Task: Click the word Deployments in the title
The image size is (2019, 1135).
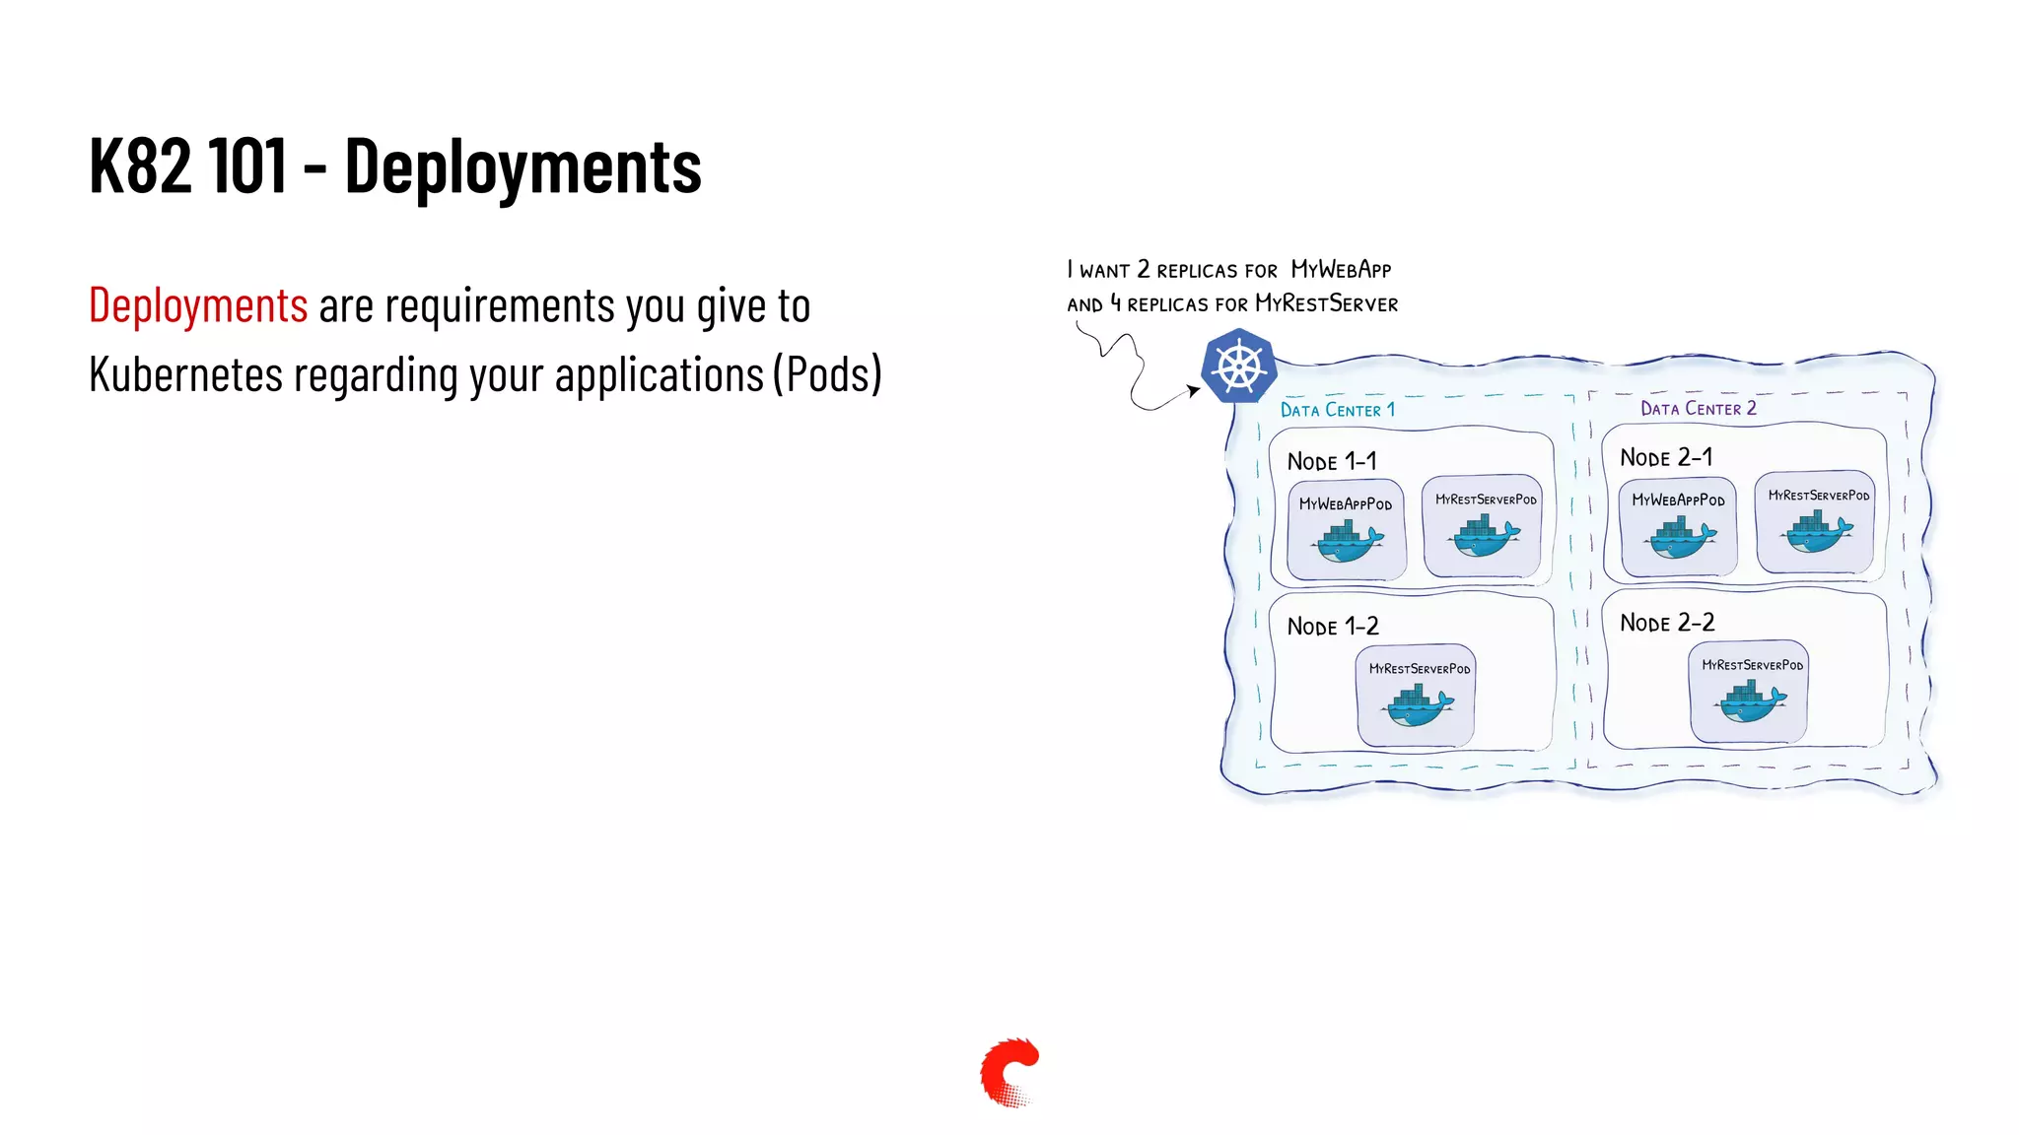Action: pos(522,167)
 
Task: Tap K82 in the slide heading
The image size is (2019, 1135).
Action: pos(139,166)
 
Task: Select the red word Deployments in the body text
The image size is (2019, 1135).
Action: pos(198,305)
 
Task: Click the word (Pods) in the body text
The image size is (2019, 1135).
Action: pos(827,375)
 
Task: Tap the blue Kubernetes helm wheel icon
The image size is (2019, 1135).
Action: pos(1239,367)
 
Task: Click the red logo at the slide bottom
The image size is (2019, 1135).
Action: pos(1009,1072)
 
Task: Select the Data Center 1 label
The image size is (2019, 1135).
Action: pos(1337,410)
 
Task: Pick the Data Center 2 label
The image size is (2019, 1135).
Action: pos(1698,408)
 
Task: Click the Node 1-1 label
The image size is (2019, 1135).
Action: pos(1331,461)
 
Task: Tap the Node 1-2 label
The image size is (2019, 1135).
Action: pos(1332,627)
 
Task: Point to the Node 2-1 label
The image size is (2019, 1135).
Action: pos(1666,457)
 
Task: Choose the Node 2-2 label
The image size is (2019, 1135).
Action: pos(1667,623)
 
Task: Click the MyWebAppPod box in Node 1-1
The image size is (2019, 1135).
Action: pos(1346,530)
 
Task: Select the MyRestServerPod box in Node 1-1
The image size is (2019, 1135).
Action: pos(1484,526)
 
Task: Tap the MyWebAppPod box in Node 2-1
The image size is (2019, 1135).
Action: pos(1678,526)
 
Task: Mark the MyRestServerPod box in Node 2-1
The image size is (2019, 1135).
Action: pos(1816,522)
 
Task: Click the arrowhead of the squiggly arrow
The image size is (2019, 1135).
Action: pos(1195,390)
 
